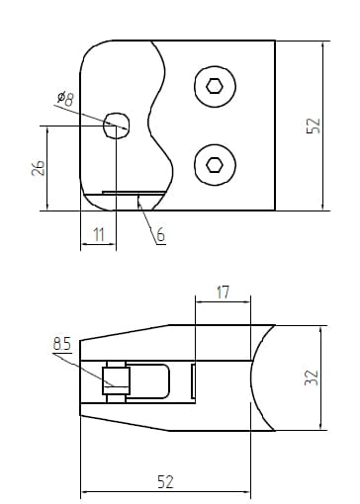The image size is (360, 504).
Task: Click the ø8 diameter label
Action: (66, 98)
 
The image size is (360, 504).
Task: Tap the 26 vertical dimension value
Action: (39, 168)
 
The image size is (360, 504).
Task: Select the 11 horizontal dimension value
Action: (99, 235)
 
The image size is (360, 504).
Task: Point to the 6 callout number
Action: (160, 235)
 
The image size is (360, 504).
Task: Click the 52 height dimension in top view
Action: (314, 126)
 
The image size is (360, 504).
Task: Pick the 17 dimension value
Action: (223, 293)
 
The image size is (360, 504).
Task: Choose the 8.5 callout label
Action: (62, 344)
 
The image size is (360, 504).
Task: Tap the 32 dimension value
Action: (312, 378)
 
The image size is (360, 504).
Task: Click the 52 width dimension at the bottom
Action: (165, 482)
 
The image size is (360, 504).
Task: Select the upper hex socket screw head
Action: (215, 86)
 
